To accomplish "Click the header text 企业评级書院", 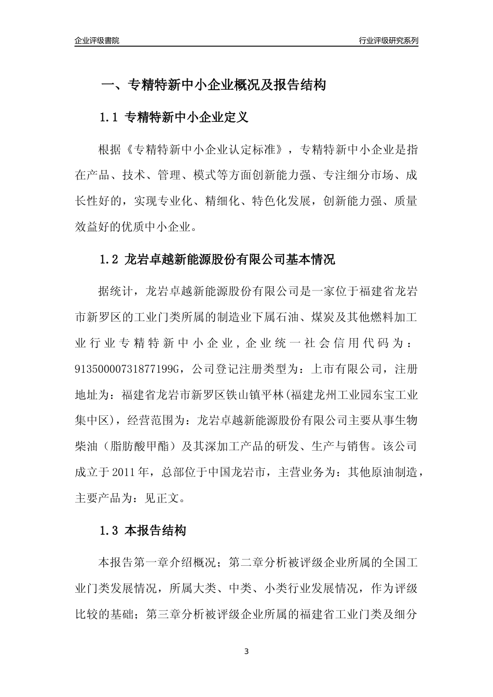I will pos(97,40).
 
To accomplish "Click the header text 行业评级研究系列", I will pos(388,40).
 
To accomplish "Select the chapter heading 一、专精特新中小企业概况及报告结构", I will pos(213,85).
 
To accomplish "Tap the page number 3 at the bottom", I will pos(246,651).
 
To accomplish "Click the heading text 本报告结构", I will pos(156,531).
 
